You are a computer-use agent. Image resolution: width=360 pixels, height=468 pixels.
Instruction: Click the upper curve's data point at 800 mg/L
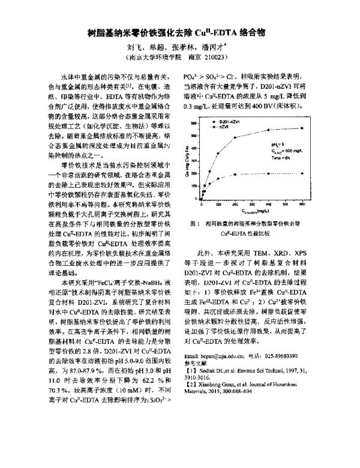[335, 128]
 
